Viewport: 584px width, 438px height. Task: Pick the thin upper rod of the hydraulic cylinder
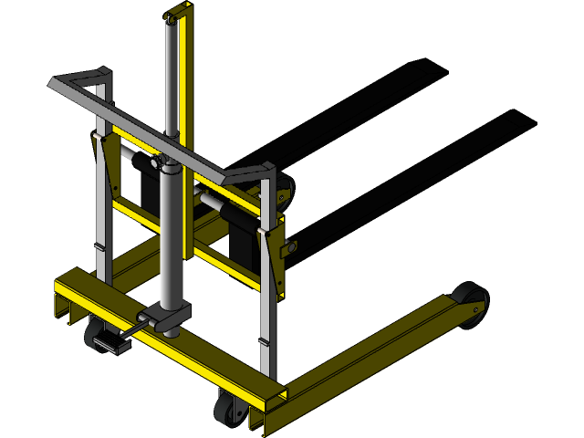pos(171,82)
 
